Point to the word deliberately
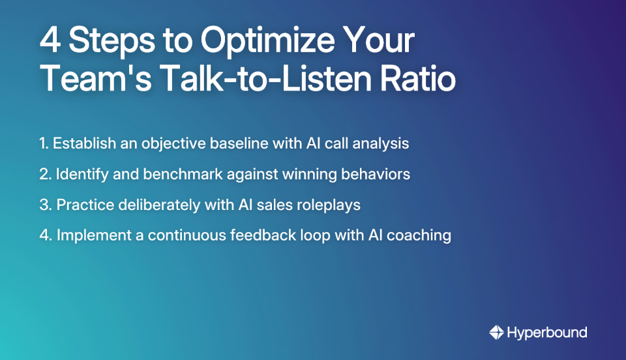point(154,205)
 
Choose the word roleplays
point(329,205)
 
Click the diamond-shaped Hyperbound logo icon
point(496,333)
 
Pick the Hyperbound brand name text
point(547,333)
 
